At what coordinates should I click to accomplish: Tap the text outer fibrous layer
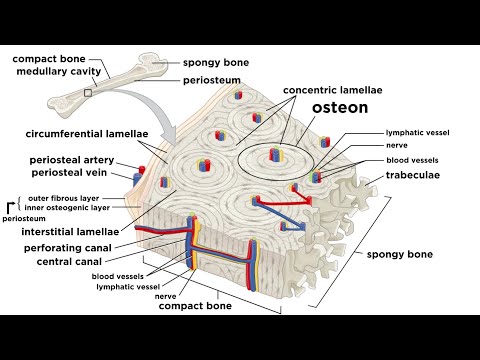(69, 197)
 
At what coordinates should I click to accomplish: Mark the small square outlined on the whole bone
(90, 92)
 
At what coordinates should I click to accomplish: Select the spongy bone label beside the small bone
(215, 62)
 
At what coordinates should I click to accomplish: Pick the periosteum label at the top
(211, 79)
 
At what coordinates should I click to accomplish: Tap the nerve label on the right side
(396, 145)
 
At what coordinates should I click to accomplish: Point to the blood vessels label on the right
(411, 160)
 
